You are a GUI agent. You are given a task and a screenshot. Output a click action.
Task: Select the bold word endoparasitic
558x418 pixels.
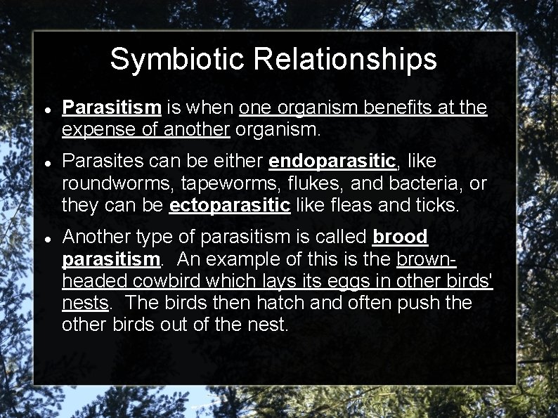tap(333, 161)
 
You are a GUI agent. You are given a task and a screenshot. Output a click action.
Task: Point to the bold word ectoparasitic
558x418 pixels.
tap(230, 205)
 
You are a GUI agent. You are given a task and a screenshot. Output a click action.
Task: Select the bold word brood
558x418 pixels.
tap(400, 237)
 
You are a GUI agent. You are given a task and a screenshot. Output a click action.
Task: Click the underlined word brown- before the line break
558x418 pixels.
tap(427, 259)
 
